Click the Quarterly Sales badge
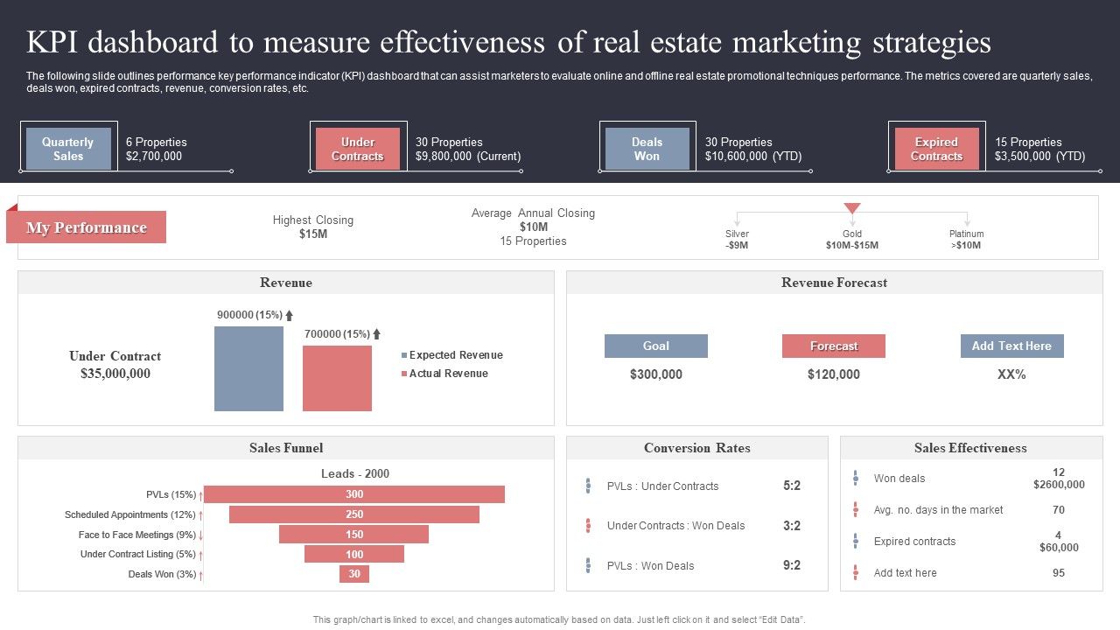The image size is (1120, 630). (68, 149)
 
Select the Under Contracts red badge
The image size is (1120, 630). (357, 149)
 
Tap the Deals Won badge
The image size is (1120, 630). (647, 149)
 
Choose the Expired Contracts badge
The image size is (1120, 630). (936, 149)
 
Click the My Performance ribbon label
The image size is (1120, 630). (87, 227)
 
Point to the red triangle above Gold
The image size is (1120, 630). (852, 208)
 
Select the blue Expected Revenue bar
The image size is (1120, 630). (248, 368)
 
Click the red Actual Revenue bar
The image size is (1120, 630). (337, 378)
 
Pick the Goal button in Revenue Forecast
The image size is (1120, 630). (655, 346)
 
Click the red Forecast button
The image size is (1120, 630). (833, 346)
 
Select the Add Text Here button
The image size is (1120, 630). (1011, 346)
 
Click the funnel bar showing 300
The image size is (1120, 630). (354, 494)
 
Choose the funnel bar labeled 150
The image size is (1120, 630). (354, 534)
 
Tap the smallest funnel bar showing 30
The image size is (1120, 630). (354, 574)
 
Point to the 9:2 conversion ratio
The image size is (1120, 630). (792, 565)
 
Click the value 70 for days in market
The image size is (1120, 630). (1059, 509)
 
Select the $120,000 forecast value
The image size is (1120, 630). (833, 374)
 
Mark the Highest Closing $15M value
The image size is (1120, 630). (313, 234)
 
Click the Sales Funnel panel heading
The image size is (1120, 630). (286, 448)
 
